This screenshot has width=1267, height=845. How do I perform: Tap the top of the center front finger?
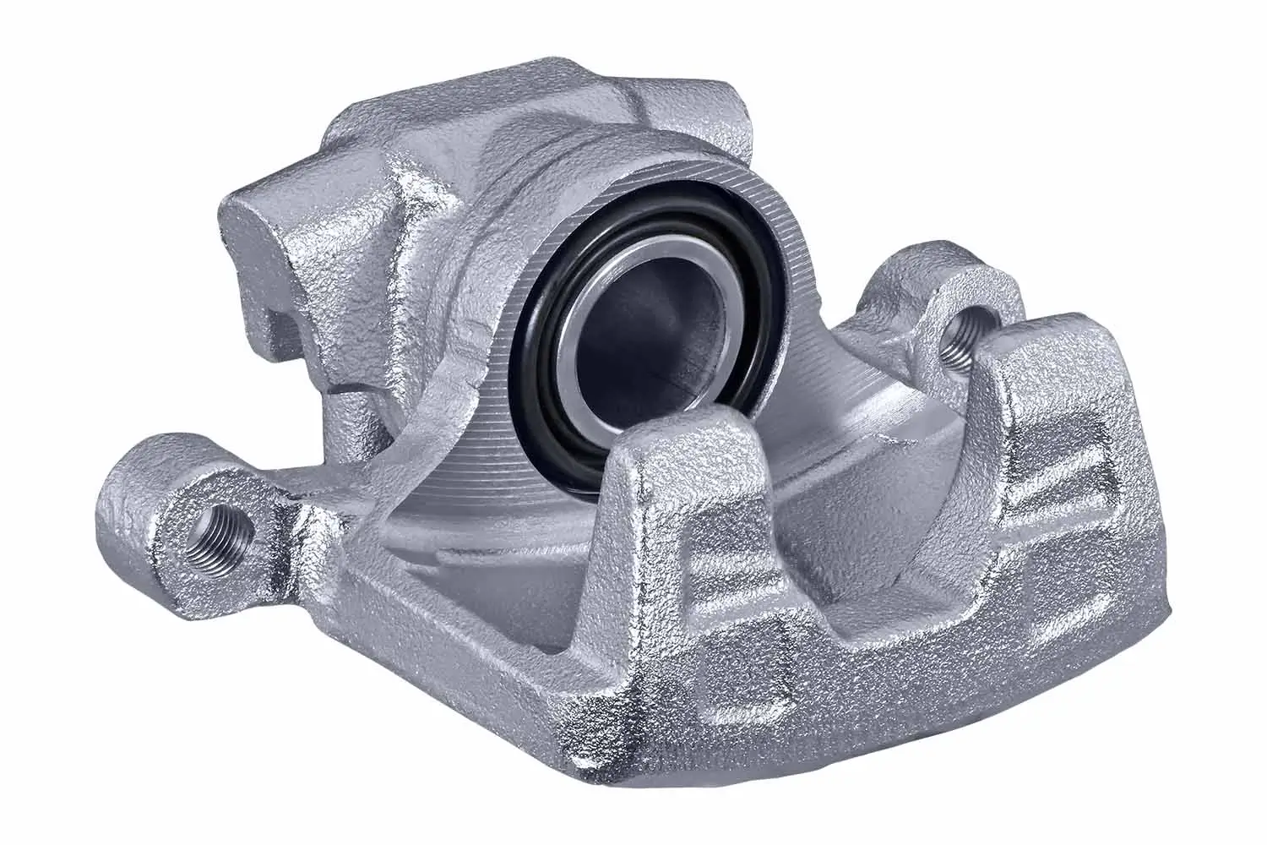coord(676,431)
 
